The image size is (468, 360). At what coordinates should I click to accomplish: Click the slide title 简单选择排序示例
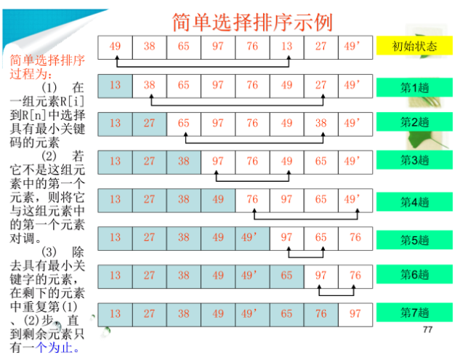(x=252, y=22)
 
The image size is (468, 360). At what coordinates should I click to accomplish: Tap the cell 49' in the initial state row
(x=354, y=47)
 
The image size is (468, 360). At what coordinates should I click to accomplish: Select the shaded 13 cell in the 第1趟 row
(x=115, y=85)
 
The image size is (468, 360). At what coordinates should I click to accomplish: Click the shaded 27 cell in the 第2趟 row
(x=149, y=123)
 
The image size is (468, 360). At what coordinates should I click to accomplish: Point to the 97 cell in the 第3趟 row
(x=217, y=161)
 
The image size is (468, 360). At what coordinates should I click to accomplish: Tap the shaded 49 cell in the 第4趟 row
(x=217, y=199)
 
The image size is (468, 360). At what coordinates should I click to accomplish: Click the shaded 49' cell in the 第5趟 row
(x=251, y=237)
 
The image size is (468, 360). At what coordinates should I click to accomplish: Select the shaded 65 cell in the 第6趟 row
(x=286, y=276)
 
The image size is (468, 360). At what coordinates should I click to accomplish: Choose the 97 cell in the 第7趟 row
(x=355, y=313)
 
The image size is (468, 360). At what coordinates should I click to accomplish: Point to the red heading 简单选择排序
(x=47, y=58)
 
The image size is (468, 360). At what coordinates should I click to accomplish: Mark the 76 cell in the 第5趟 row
(x=355, y=237)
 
